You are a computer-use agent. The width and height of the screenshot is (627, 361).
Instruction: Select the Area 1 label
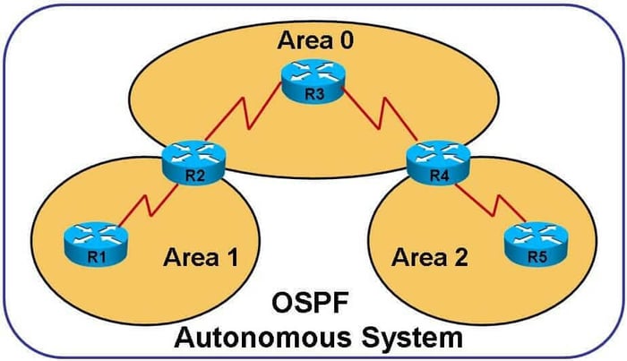[x=202, y=258]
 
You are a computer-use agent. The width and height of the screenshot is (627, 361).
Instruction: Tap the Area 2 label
[x=430, y=258]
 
